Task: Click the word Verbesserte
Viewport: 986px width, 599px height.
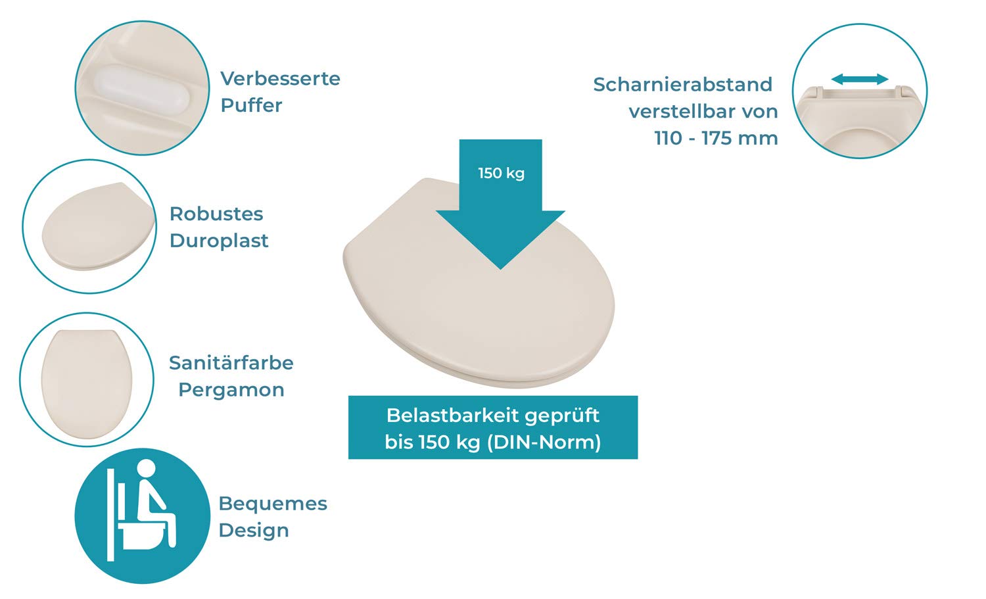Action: coord(281,79)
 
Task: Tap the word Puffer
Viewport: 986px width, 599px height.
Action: coord(251,105)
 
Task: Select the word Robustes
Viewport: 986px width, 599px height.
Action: coord(216,214)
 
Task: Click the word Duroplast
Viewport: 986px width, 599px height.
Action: coord(219,241)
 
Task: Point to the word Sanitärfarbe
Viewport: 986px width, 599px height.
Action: coord(231,363)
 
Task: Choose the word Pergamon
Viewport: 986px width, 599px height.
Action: coord(231,390)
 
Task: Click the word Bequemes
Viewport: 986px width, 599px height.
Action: coord(273,504)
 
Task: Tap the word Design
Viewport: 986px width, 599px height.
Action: coord(254,531)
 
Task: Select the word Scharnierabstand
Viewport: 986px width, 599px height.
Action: coord(683,84)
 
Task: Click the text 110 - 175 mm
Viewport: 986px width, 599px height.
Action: coord(716,138)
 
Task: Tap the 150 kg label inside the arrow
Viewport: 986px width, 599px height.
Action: coord(502,173)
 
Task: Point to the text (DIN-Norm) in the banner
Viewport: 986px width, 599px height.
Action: coord(544,443)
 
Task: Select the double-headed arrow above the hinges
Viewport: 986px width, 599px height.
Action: coord(860,80)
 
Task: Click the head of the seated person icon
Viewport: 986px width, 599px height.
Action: coord(146,469)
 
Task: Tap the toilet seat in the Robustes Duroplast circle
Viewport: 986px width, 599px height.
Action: coord(99,226)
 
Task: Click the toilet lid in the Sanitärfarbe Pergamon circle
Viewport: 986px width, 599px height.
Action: coord(87,383)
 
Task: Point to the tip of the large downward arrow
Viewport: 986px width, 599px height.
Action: coord(500,270)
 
